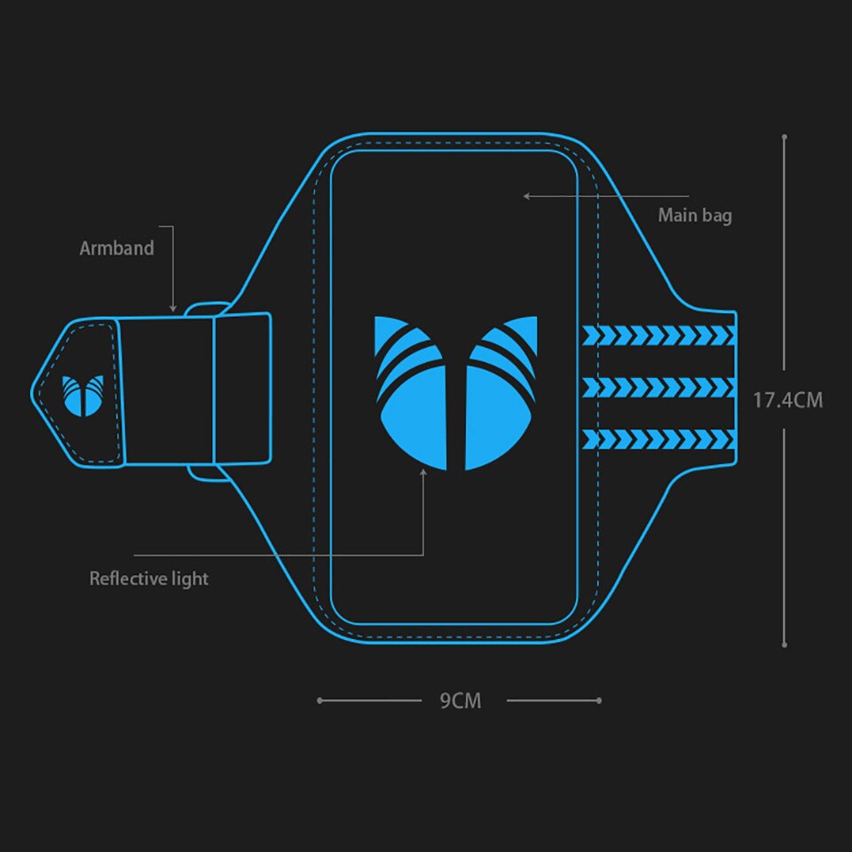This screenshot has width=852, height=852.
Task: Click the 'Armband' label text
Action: click(x=117, y=248)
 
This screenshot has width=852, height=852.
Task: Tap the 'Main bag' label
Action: click(x=695, y=215)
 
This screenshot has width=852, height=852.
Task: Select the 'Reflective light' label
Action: click(x=149, y=579)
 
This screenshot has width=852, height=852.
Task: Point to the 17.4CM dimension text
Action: click(x=788, y=400)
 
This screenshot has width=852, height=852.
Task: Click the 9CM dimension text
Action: click(x=461, y=701)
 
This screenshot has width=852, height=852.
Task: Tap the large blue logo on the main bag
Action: click(x=456, y=393)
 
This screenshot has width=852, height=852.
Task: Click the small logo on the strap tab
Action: click(x=83, y=396)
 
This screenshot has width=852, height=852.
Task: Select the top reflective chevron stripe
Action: click(x=659, y=335)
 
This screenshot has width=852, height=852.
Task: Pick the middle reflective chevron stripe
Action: click(x=659, y=388)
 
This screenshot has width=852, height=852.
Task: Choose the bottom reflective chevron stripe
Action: click(x=659, y=439)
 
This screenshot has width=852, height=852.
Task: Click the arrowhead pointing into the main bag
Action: click(x=526, y=196)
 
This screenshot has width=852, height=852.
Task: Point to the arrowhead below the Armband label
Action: click(x=173, y=309)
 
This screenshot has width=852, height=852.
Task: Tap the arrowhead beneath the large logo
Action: click(x=423, y=473)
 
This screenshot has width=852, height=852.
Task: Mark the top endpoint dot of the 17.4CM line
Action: click(x=784, y=137)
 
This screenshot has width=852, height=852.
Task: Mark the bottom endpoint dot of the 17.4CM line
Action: click(x=784, y=645)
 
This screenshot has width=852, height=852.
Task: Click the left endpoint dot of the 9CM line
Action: click(x=320, y=700)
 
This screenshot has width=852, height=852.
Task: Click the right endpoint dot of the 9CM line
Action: click(x=599, y=700)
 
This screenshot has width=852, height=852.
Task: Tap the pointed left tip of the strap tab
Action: click(x=32, y=393)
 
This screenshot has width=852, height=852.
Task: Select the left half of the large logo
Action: click(x=411, y=393)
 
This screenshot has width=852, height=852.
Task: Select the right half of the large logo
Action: click(x=501, y=393)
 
